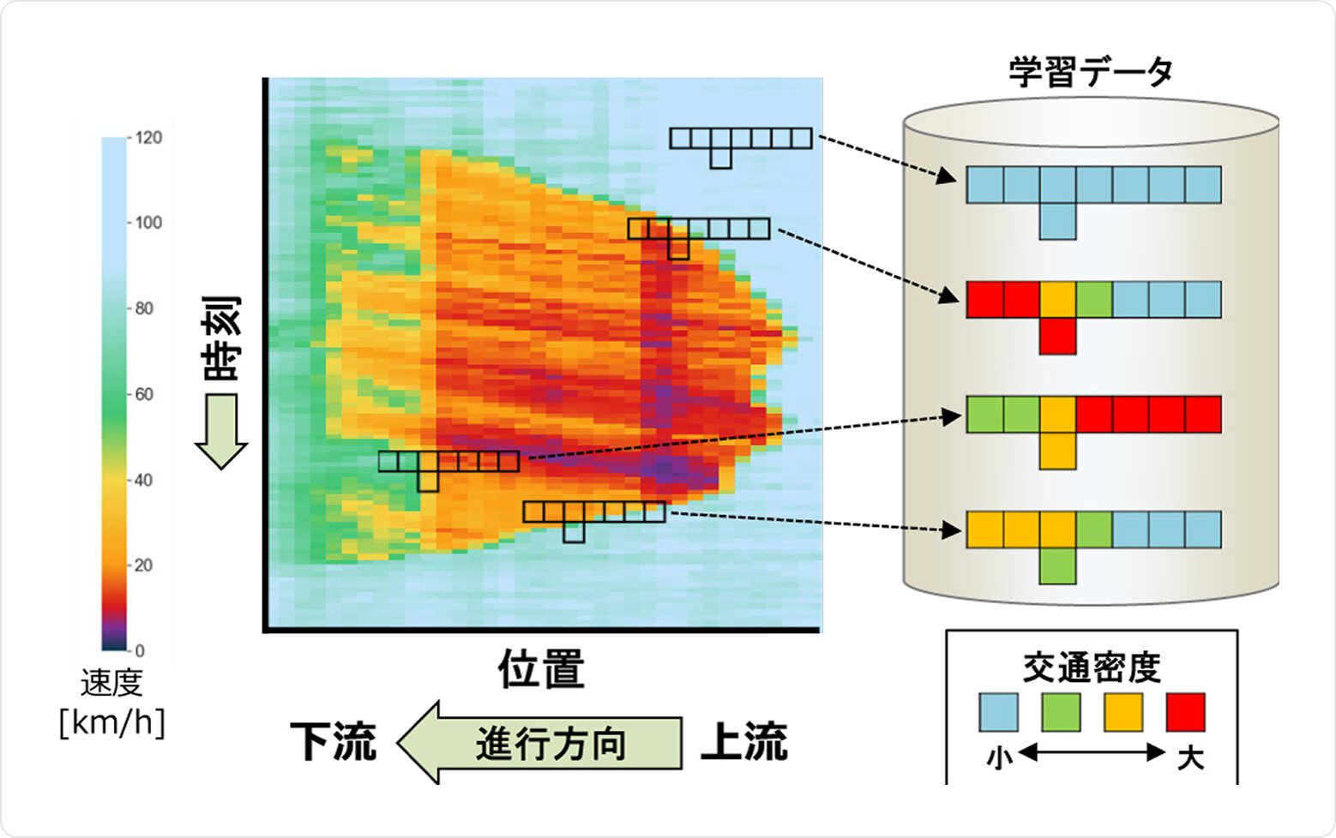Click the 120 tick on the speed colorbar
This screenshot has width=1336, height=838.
click(x=147, y=138)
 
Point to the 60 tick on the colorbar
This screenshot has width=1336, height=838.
click(x=143, y=394)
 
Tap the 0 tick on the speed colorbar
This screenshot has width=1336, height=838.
click(x=139, y=650)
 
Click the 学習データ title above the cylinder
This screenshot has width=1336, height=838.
click(x=1090, y=72)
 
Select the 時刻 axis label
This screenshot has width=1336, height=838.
click(x=221, y=338)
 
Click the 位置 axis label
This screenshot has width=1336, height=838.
click(x=541, y=669)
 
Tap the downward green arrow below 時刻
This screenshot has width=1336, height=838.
click(x=221, y=431)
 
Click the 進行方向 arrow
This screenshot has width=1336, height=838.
click(x=540, y=743)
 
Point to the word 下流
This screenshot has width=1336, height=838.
click(x=333, y=742)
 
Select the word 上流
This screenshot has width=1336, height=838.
click(x=743, y=742)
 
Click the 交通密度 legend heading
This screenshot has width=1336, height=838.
click(x=1092, y=668)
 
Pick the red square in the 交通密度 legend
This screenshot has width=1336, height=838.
click(x=1186, y=713)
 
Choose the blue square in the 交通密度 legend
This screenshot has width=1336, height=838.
click(x=998, y=713)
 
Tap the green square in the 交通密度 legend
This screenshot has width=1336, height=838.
click(x=1061, y=713)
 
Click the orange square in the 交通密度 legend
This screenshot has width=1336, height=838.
click(x=1123, y=713)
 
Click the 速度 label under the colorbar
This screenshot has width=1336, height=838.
click(x=111, y=684)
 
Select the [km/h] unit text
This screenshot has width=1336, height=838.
click(x=111, y=722)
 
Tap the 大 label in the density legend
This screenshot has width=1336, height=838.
click(x=1189, y=757)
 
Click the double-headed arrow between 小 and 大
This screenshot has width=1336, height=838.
click(x=1092, y=753)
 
